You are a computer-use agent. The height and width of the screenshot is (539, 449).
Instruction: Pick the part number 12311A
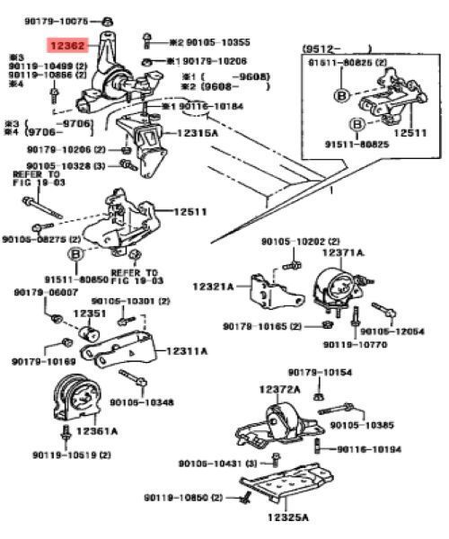[211, 351]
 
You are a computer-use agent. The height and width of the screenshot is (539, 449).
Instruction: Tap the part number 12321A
[212, 287]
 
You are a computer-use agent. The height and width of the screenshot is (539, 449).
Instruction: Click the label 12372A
[280, 388]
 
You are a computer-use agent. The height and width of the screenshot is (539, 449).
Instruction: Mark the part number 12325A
[287, 517]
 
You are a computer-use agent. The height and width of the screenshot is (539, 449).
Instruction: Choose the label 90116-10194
[370, 447]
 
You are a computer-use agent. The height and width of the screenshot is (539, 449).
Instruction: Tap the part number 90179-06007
[44, 293]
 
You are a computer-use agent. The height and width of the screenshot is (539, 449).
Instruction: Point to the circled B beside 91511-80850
[76, 255]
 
